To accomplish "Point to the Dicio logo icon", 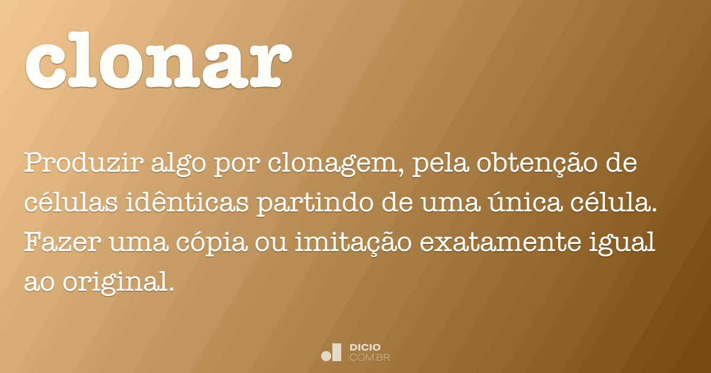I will (x=332, y=352).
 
